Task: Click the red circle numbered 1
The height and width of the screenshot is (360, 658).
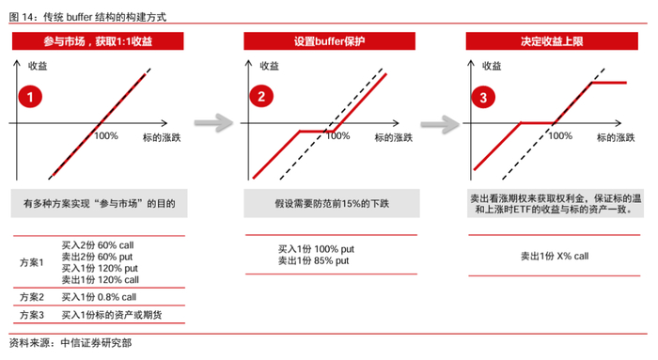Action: [x=32, y=97]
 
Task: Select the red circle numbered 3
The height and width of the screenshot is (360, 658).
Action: [x=483, y=97]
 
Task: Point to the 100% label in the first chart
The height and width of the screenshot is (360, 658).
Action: [x=106, y=136]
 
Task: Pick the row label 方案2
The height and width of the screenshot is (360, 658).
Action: [x=33, y=297]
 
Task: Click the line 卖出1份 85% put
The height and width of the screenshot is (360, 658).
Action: [x=313, y=260]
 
